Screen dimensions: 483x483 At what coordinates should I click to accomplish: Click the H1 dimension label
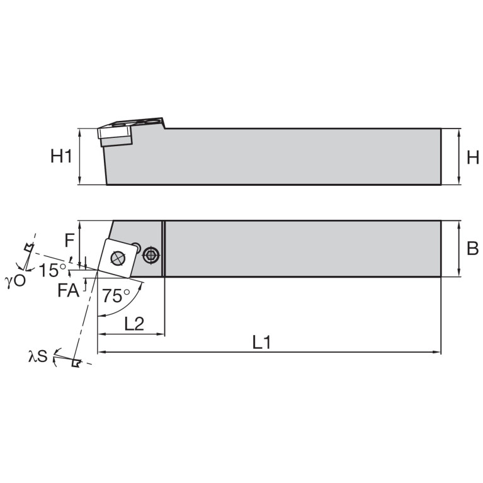(61, 157)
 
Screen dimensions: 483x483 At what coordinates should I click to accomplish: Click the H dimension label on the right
(473, 157)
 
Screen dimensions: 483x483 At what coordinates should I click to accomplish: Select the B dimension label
(473, 249)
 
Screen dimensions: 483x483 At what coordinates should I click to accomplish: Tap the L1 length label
(262, 343)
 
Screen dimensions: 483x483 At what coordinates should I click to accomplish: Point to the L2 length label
(134, 324)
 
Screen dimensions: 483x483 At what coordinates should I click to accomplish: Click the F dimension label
(70, 239)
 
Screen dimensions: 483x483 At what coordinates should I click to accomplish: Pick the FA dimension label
(68, 290)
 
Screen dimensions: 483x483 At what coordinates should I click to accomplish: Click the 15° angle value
(52, 271)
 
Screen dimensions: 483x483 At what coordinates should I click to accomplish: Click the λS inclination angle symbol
(38, 357)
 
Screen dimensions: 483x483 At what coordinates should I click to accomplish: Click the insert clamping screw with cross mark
(116, 257)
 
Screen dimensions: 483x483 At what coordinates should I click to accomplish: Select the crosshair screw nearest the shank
(150, 255)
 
